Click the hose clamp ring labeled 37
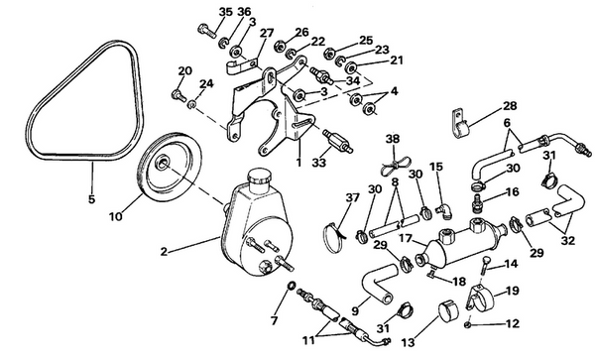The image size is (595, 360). point(335,233)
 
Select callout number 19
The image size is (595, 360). point(513,291)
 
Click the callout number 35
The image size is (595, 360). point(225,12)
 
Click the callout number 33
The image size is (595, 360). point(320,162)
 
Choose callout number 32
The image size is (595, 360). point(568,239)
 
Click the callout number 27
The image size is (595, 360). point(266,34)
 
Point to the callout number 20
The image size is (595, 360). point(184,70)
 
